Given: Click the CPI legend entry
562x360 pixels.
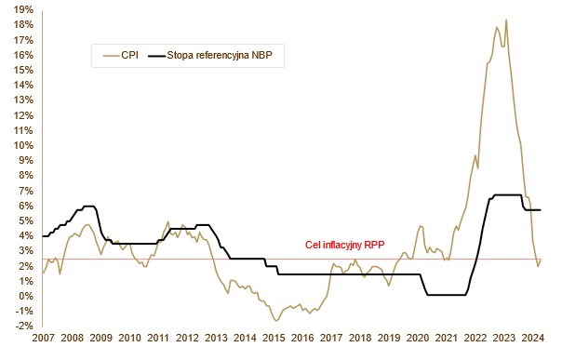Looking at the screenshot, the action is point(120,56).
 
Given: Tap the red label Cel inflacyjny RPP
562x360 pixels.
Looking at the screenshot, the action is point(345,245).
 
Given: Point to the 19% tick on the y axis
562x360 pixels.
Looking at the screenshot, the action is point(23,9).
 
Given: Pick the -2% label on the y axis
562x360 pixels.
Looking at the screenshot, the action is point(24,326).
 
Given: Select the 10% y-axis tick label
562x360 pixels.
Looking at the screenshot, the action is point(23,145).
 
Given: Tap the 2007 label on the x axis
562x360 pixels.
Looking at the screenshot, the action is point(43,338).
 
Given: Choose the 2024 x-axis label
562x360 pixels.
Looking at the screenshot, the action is point(532,338).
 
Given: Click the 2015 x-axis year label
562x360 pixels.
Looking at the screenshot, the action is point(274,338).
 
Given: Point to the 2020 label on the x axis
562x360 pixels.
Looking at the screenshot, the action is point(418,338).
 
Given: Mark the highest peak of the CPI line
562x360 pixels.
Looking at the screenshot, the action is point(506,20).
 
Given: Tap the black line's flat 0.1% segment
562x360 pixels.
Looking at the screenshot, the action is point(447,295).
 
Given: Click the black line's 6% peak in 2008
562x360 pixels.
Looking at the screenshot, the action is point(88,206).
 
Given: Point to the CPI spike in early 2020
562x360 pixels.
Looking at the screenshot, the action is point(421,226).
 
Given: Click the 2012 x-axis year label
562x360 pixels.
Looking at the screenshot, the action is point(187,338).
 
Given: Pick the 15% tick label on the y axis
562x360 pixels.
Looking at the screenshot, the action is point(23,70).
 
